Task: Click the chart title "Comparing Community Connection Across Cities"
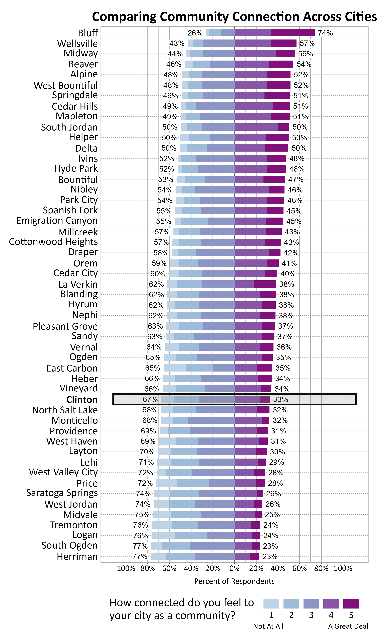point(234,17)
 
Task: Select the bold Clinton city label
point(82,400)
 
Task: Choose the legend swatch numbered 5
point(351,603)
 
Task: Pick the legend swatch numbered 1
point(271,603)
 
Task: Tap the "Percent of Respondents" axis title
point(234,581)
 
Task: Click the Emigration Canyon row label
point(57,221)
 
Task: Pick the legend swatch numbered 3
point(311,603)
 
